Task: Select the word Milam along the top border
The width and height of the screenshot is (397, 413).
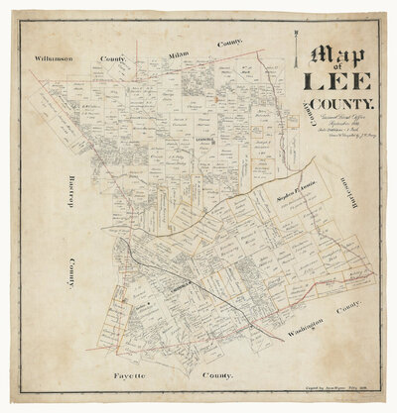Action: tap(179, 51)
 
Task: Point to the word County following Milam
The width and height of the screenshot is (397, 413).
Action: tap(229, 44)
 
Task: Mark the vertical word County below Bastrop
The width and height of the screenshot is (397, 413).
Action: tap(70, 273)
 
